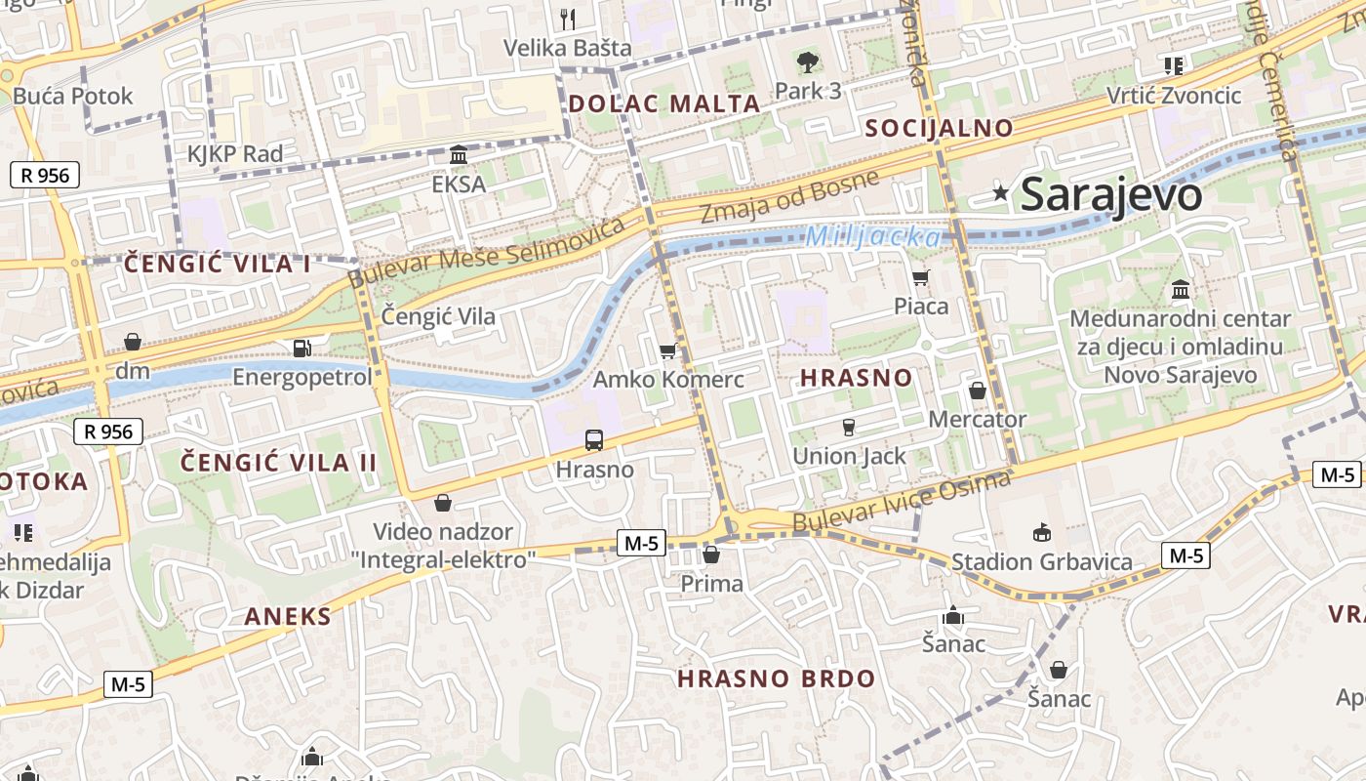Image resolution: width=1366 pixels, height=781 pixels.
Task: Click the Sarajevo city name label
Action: pyautogui.click(x=1111, y=195)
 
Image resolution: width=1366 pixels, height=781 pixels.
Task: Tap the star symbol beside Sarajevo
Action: pyautogui.click(x=1000, y=192)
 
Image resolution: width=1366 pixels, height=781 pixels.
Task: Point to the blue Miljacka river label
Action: pyautogui.click(x=873, y=237)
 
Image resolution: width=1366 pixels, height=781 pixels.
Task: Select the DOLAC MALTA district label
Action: pyautogui.click(x=664, y=103)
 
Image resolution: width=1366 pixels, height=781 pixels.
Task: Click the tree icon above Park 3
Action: pyautogui.click(x=807, y=63)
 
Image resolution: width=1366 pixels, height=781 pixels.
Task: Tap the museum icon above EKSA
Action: pyautogui.click(x=459, y=155)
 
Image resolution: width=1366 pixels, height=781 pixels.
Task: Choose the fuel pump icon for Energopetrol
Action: pyautogui.click(x=302, y=348)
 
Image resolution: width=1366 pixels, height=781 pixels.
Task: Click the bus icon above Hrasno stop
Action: pyautogui.click(x=594, y=440)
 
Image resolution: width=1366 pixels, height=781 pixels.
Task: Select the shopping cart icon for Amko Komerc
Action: pyautogui.click(x=668, y=350)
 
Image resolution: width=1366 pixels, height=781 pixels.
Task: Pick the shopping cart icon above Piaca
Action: pyautogui.click(x=920, y=277)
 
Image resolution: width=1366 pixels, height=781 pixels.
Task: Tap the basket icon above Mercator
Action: pyautogui.click(x=977, y=390)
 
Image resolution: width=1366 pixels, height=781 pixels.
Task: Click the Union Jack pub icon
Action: pyautogui.click(x=848, y=427)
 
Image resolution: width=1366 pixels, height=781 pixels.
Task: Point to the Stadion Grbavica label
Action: pyautogui.click(x=1041, y=561)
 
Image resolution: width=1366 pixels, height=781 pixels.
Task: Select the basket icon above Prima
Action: pyautogui.click(x=711, y=555)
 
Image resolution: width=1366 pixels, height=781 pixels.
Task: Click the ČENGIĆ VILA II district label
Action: pyautogui.click(x=279, y=463)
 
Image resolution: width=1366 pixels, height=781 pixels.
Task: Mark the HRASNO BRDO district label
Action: pyautogui.click(x=777, y=678)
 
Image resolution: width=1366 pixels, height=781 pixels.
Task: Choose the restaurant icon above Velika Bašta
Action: pyautogui.click(x=568, y=19)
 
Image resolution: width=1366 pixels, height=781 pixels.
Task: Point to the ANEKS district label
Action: pyautogui.click(x=288, y=616)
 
